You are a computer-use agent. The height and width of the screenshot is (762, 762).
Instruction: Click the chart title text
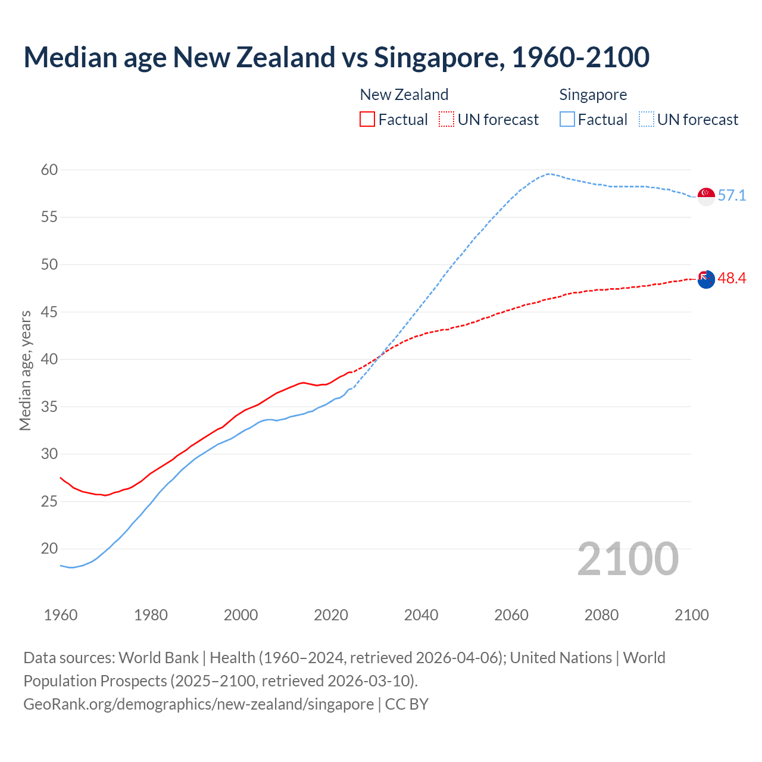click(336, 57)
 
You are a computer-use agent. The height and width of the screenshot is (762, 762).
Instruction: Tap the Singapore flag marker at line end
click(706, 196)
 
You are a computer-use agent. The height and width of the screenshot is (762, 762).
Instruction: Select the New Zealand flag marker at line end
click(706, 279)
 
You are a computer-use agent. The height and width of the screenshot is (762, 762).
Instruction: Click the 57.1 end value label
click(732, 196)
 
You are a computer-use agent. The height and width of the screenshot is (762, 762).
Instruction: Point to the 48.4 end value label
click(732, 279)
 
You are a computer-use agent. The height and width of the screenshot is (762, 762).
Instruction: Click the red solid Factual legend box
click(367, 119)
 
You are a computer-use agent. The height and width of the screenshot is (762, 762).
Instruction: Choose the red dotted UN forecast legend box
click(446, 119)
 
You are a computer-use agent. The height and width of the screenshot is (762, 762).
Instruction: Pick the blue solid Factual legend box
click(567, 119)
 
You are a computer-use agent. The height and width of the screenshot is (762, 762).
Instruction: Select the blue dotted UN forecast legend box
click(647, 119)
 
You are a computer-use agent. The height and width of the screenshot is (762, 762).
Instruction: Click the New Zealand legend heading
click(404, 95)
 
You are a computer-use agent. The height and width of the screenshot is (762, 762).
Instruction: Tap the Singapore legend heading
click(593, 95)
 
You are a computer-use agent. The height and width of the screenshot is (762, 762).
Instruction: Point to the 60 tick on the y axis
click(49, 170)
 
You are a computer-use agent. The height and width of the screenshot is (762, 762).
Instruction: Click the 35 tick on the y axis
click(49, 407)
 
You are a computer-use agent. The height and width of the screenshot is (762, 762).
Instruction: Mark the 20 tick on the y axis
click(49, 549)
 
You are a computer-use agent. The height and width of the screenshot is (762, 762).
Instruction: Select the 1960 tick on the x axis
click(61, 615)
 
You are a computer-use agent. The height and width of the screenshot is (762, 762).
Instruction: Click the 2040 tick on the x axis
click(421, 615)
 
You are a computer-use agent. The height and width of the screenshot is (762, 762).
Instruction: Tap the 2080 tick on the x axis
click(601, 615)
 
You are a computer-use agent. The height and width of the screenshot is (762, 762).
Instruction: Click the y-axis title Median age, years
click(25, 370)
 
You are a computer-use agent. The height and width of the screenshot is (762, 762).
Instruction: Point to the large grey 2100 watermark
click(628, 559)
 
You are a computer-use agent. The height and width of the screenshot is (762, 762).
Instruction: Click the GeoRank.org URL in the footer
click(198, 704)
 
